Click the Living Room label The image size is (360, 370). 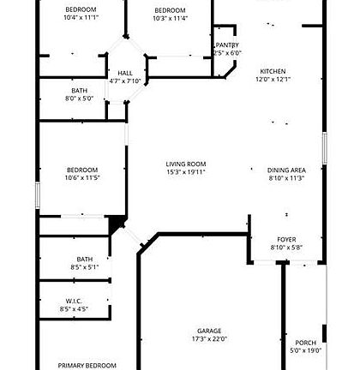tap(186, 164)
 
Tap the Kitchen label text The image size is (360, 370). tap(273, 71)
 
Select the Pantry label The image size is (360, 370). tap(227, 45)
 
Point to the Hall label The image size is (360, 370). tap(125, 74)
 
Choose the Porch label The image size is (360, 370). tap(306, 342)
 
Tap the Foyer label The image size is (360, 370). tap(285, 240)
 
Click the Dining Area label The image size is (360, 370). tap(286, 170)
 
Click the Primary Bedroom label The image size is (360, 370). tap(87, 365)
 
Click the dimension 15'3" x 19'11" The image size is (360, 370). tap(186, 172)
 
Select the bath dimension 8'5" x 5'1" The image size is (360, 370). tap(85, 266)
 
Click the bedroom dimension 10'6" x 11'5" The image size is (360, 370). tap(82, 177)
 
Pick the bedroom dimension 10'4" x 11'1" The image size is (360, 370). tap(81, 17)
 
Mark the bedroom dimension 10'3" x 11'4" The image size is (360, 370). tap(171, 17)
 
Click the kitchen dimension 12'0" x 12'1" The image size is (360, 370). tap(273, 80)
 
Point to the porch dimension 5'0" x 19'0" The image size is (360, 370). tap(306, 349)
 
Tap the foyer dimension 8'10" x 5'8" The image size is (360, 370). tap(285, 248)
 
